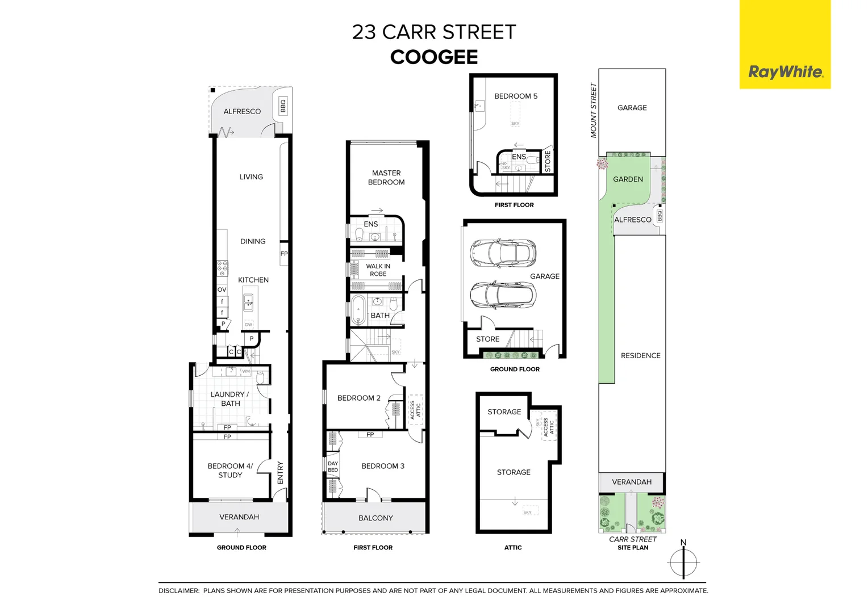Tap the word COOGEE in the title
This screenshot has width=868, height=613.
(x=434, y=57)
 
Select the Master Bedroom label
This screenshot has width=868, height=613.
(x=386, y=178)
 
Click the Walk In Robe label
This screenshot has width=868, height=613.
(x=378, y=270)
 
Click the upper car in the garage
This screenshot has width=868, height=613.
(x=503, y=253)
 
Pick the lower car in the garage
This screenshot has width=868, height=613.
(x=503, y=295)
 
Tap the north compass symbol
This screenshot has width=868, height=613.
(x=683, y=562)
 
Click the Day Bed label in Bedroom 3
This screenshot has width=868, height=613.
(x=333, y=467)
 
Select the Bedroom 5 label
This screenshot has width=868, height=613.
(x=515, y=96)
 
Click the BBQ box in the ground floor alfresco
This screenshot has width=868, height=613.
(x=282, y=106)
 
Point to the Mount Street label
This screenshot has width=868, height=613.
(x=594, y=111)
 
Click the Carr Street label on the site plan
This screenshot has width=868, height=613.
(x=633, y=539)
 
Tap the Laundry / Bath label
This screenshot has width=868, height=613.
(x=230, y=399)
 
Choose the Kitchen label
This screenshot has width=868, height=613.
(x=253, y=280)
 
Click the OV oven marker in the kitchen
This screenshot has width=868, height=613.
(x=222, y=290)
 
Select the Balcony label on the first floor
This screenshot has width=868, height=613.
(x=375, y=518)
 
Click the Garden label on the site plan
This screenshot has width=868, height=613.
(x=628, y=179)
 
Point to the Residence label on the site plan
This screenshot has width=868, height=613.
(x=640, y=356)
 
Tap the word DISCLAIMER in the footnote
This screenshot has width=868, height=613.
(x=179, y=591)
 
